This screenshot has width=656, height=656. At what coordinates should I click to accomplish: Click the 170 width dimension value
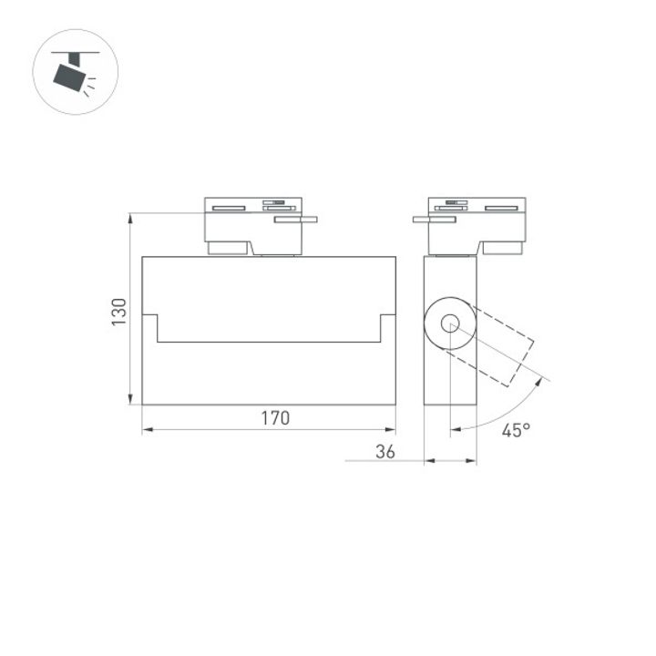pos(274,419)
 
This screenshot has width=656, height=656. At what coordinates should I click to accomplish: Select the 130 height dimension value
pos(118,313)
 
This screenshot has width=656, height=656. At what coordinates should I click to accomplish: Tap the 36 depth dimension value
pos(385,451)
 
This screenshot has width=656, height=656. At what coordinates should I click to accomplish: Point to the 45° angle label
pos(515,430)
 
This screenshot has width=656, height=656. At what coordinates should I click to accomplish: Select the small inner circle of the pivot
pos(451,323)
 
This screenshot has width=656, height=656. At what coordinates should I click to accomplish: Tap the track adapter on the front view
pos(252,219)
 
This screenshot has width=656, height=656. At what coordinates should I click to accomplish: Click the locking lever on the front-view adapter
pos(296,219)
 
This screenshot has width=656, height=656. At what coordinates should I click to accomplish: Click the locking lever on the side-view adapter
pos(434,219)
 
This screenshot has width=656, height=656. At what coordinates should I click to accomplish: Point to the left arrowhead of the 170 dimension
pos(147,430)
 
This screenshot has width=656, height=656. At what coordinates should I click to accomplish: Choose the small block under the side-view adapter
pos(502,247)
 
